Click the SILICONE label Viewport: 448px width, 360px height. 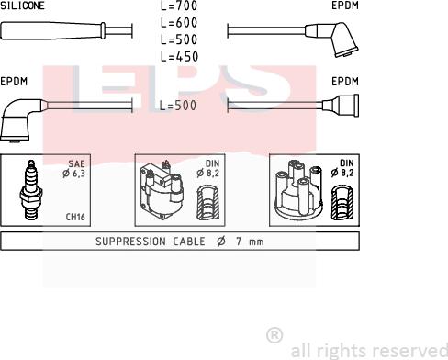[x=22, y=6]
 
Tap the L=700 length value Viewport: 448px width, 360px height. [x=179, y=6]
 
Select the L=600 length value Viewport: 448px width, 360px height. [x=179, y=23]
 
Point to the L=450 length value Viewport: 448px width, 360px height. [x=180, y=57]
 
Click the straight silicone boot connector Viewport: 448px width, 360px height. [x=53, y=30]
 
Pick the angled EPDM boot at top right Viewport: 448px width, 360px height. [x=332, y=39]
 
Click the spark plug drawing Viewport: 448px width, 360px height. [x=30, y=190]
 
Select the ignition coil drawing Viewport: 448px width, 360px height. [x=162, y=190]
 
